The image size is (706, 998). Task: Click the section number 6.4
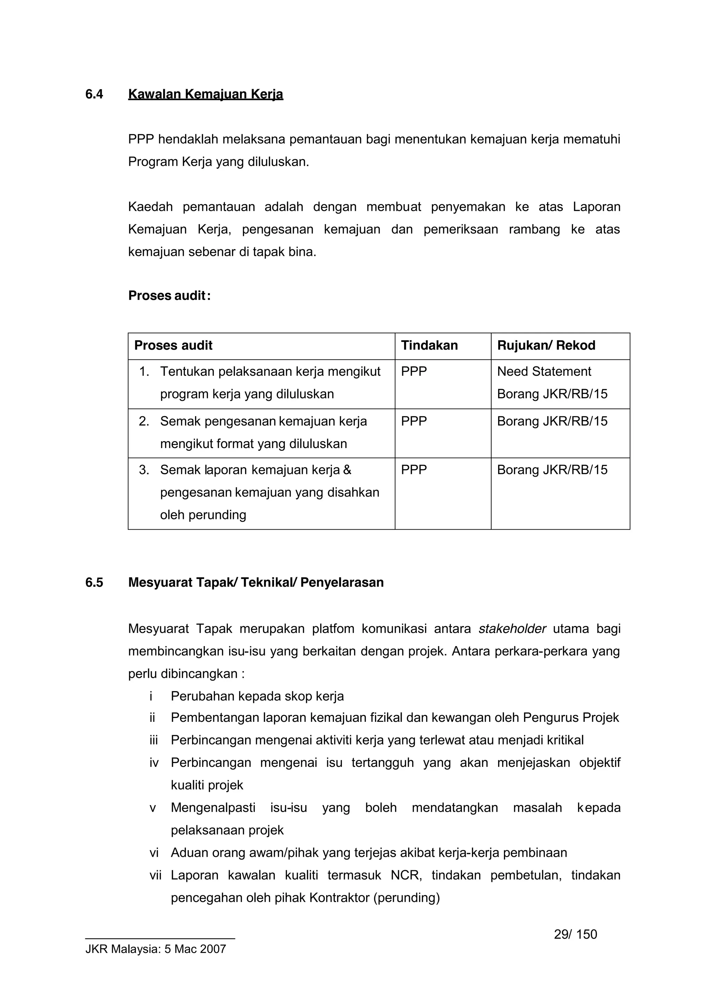point(94,94)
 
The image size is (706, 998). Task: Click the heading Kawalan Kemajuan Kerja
point(205,94)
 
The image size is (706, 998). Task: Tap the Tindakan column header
point(429,345)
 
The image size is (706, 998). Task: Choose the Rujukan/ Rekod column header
point(546,345)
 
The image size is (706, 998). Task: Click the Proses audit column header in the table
point(173,345)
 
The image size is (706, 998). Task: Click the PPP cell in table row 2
point(414,421)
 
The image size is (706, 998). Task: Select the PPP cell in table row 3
point(414,470)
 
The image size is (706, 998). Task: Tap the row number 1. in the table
point(144,372)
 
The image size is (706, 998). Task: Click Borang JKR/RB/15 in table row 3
point(552,470)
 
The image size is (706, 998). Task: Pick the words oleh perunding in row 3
point(203,515)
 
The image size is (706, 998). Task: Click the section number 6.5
point(94,582)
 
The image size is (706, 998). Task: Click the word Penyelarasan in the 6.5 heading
point(342,582)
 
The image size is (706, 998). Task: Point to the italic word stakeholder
point(512,629)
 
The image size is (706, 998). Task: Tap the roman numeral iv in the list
point(154,763)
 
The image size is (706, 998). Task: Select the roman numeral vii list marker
point(155,875)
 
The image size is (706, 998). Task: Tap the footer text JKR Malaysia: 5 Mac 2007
point(156,949)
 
